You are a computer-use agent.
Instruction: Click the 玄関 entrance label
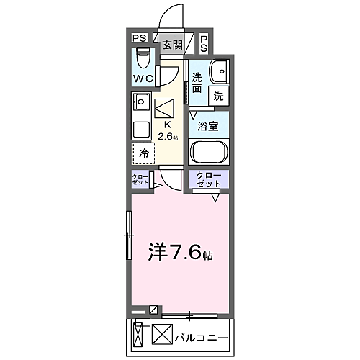(171, 45)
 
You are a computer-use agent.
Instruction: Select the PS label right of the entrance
(204, 43)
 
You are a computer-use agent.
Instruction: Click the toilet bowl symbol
(142, 56)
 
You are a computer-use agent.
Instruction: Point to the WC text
(143, 78)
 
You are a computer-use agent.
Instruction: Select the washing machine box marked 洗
(217, 94)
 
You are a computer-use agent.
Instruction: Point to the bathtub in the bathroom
(209, 153)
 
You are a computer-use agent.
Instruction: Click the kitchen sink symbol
(140, 102)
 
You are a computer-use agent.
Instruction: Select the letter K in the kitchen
(168, 124)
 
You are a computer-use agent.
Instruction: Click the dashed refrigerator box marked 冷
(143, 153)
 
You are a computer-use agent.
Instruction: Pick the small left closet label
(140, 180)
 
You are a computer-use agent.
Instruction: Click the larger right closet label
(209, 180)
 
